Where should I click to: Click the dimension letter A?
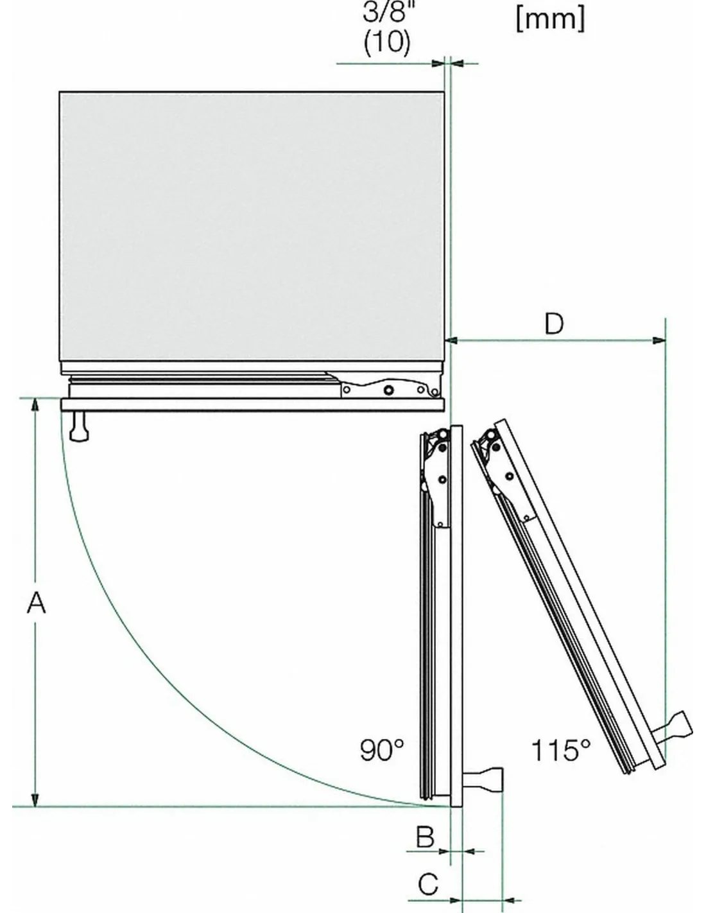[36, 603]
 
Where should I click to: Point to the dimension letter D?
[554, 324]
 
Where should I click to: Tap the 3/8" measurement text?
[386, 12]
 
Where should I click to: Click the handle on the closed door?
[79, 426]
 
